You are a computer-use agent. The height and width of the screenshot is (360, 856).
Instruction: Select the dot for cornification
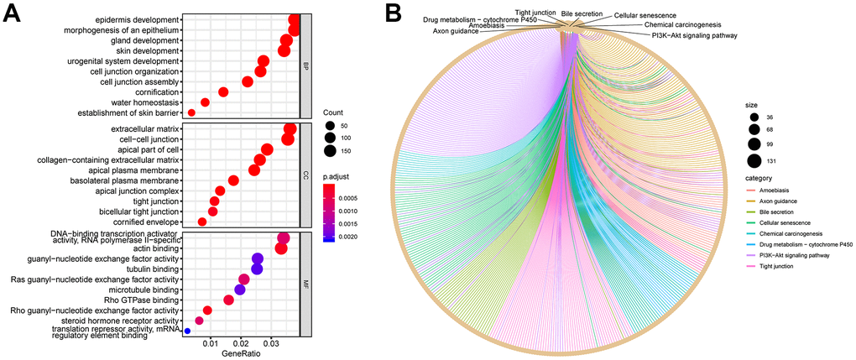223,91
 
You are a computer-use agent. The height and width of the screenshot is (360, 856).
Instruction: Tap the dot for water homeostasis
205,102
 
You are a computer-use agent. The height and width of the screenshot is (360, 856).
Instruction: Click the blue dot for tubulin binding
257,269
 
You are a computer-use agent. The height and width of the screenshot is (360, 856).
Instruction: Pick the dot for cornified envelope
202,222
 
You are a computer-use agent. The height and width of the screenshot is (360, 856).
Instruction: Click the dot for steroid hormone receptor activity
199,321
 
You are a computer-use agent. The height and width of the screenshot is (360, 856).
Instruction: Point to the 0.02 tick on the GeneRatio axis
241,344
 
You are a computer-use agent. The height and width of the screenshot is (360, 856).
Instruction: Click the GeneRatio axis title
241,356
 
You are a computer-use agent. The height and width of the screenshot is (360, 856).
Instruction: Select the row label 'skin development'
148,50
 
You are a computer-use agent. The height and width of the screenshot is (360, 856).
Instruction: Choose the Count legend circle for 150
329,151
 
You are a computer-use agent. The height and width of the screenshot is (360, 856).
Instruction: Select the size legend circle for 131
754,162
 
